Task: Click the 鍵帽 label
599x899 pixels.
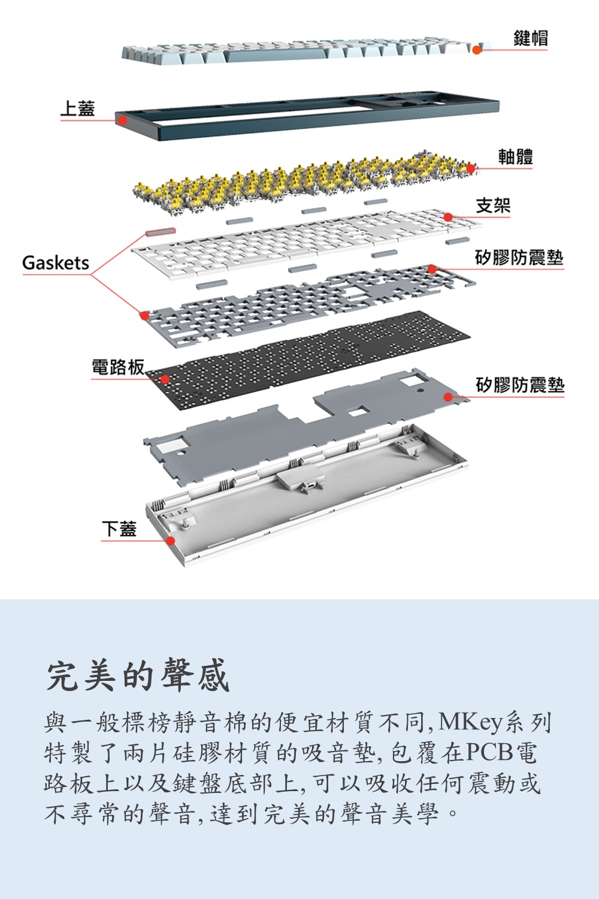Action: pyautogui.click(x=530, y=38)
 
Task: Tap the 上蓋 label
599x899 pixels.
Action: pyautogui.click(x=77, y=108)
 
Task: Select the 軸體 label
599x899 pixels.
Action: pyautogui.click(x=515, y=157)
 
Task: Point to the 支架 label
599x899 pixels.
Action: pyautogui.click(x=493, y=206)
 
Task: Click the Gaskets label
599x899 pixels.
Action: pyautogui.click(x=55, y=263)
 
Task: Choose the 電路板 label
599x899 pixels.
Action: pyautogui.click(x=117, y=367)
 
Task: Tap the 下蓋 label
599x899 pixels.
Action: pyautogui.click(x=119, y=529)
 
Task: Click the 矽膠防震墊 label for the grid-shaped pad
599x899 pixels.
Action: pyautogui.click(x=519, y=258)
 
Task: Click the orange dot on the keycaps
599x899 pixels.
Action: pyautogui.click(x=477, y=49)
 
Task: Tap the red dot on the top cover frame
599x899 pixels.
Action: pyautogui.click(x=122, y=120)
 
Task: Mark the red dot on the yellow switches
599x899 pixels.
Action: pyautogui.click(x=471, y=169)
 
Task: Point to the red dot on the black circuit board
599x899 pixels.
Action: pyautogui.click(x=165, y=379)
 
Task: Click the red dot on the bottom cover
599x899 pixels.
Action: pyautogui.click(x=170, y=541)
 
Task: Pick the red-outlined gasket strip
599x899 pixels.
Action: pyautogui.click(x=161, y=231)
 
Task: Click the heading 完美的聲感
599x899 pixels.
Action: pyautogui.click(x=138, y=675)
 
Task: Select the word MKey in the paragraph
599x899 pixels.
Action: pyautogui.click(x=470, y=723)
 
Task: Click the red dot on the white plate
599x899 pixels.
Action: pyautogui.click(x=448, y=217)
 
